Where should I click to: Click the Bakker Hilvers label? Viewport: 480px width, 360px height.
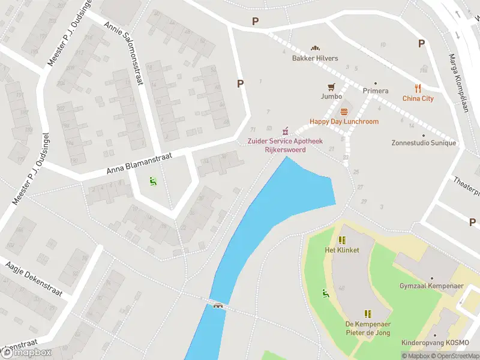click(x=315, y=58)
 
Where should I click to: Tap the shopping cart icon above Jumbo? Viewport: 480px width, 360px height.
click(x=331, y=87)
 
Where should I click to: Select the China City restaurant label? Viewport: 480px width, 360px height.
click(x=418, y=98)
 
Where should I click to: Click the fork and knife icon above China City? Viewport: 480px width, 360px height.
click(x=418, y=89)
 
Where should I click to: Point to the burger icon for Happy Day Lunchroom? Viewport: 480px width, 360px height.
click(x=344, y=112)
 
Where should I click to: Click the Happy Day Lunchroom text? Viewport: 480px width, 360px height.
click(x=344, y=121)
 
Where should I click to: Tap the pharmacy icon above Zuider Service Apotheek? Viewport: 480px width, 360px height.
click(x=286, y=131)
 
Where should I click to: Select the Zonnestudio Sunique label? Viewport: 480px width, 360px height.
click(x=424, y=143)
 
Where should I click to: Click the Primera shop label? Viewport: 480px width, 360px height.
click(x=376, y=91)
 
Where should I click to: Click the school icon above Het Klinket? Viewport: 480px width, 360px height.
click(x=343, y=240)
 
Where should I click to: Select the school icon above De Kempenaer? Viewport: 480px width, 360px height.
click(x=368, y=313)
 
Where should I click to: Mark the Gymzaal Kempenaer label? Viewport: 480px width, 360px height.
click(x=431, y=286)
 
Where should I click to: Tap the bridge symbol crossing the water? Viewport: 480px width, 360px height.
click(x=219, y=305)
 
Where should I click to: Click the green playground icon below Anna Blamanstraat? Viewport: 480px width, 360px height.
click(x=152, y=179)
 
